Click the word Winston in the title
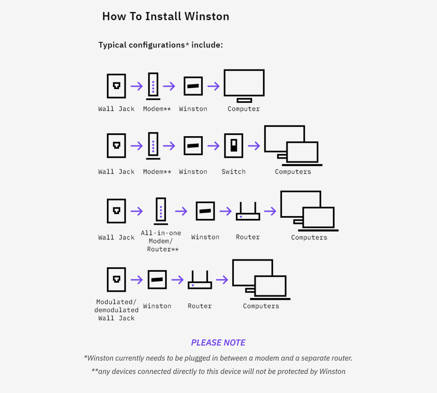[x=207, y=17]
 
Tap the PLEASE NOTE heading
[x=218, y=343]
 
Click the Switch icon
[x=233, y=146]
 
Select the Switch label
[x=233, y=172]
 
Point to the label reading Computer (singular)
[x=243, y=109]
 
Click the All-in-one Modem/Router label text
[x=161, y=241]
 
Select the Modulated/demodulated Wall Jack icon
[x=117, y=280]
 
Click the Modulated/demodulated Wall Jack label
[x=116, y=310]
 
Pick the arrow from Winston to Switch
[x=214, y=146]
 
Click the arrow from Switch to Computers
[x=254, y=146]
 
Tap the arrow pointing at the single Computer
[x=214, y=86]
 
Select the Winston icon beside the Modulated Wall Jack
[x=157, y=280]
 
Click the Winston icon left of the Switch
[x=193, y=146]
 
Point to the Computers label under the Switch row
[x=293, y=172]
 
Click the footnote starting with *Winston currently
[x=218, y=358]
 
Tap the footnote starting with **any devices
[x=218, y=371]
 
